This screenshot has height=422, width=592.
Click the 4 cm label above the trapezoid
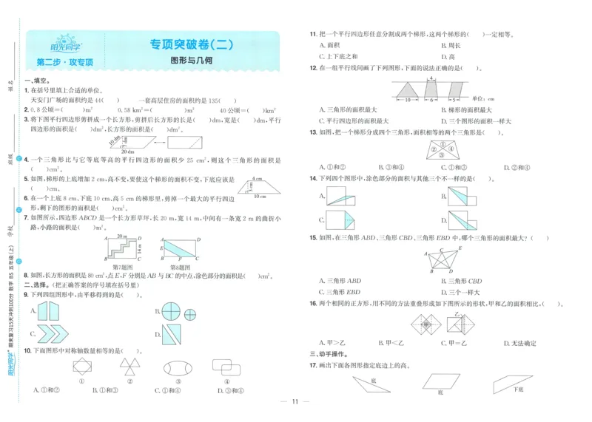[x=257, y=179]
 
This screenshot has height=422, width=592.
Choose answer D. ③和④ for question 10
[x=229, y=389]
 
